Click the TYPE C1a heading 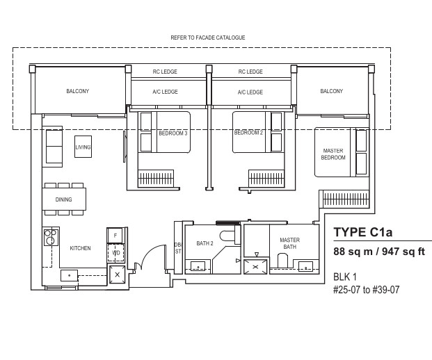tap(363, 232)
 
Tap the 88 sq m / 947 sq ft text tap(379, 252)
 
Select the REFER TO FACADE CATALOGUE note tap(208, 38)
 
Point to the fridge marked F tap(115, 236)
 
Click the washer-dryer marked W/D tap(115, 253)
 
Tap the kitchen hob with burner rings tap(51, 237)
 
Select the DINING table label tap(63, 199)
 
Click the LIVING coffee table tap(83, 147)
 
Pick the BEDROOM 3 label tap(173, 133)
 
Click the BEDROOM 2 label tap(248, 133)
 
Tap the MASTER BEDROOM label tap(333, 154)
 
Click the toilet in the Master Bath tap(282, 260)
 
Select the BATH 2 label tap(205, 243)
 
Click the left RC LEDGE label tap(165, 72)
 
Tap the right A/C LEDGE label tap(250, 92)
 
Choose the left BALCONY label tap(78, 91)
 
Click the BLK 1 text tap(345, 277)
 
